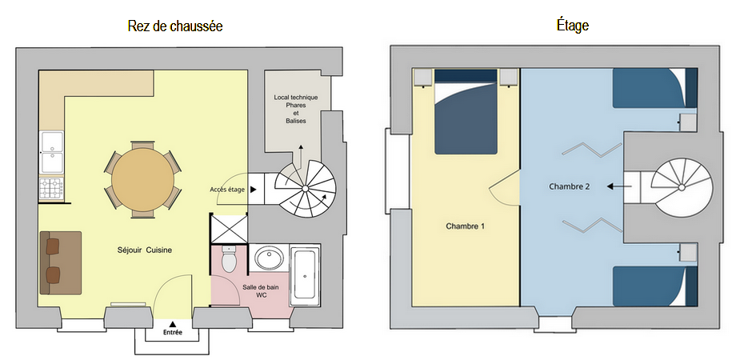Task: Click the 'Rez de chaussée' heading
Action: [x=175, y=26]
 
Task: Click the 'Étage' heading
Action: [x=572, y=25]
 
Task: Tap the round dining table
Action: [x=142, y=180]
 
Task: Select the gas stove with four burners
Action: [x=51, y=189]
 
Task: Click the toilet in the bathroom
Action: [x=229, y=260]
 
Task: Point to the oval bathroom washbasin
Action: [x=269, y=258]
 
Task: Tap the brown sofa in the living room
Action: [x=61, y=263]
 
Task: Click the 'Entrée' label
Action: [x=173, y=332]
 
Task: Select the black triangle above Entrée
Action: [x=173, y=324]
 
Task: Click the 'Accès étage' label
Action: [x=227, y=190]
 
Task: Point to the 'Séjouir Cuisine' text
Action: [x=145, y=250]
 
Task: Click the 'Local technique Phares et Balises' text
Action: [x=296, y=109]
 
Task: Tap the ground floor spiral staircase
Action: [x=305, y=189]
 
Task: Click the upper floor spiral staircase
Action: [x=682, y=187]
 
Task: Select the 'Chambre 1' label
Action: [x=465, y=226]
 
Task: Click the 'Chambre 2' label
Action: [x=570, y=186]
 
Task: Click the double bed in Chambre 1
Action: [x=466, y=112]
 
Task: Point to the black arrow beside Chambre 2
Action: [x=618, y=186]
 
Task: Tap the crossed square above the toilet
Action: [x=229, y=229]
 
